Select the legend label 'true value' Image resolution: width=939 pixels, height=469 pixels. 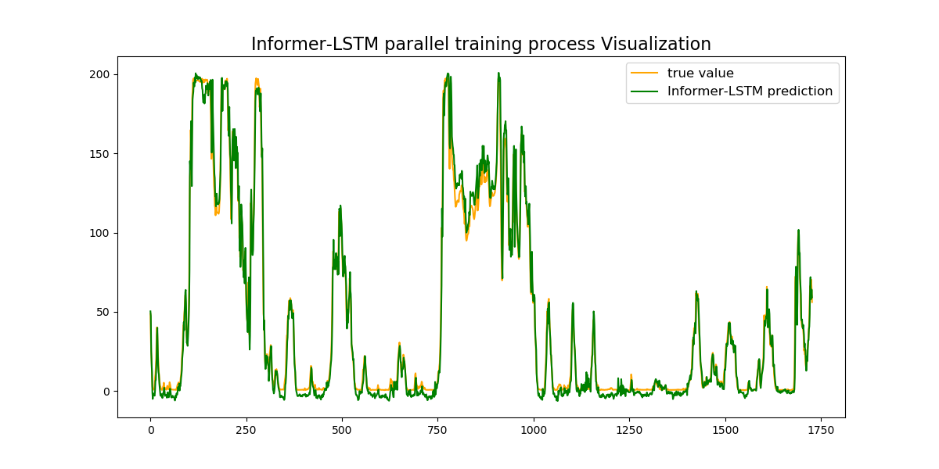pyautogui.click(x=700, y=73)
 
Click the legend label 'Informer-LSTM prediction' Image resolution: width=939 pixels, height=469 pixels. pyautogui.click(x=750, y=91)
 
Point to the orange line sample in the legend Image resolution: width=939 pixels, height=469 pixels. pyautogui.click(x=645, y=73)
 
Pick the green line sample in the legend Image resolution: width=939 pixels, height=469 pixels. pyautogui.click(x=645, y=91)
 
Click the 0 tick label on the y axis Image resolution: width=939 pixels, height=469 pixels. pyautogui.click(x=108, y=392)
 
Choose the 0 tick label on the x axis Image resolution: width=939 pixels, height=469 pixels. pyautogui.click(x=150, y=430)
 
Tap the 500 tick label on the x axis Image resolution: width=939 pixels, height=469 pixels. pyautogui.click(x=342, y=430)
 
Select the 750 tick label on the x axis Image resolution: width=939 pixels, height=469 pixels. pyautogui.click(x=437, y=430)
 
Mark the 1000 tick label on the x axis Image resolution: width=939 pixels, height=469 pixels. pyautogui.click(x=534, y=430)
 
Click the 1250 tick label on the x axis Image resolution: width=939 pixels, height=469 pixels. pyautogui.click(x=629, y=430)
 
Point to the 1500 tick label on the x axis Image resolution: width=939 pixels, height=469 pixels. pyautogui.click(x=725, y=430)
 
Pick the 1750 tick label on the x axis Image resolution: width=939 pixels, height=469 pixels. pyautogui.click(x=821, y=430)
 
